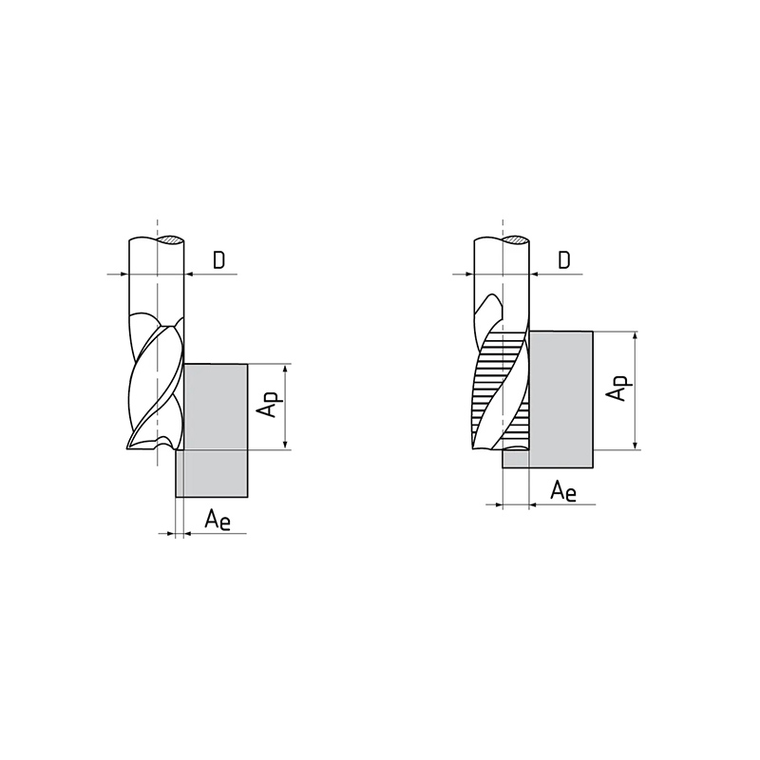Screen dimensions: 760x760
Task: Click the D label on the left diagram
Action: click(x=219, y=260)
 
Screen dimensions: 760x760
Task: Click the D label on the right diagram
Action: click(x=563, y=260)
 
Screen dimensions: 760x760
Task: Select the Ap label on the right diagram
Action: click(x=619, y=389)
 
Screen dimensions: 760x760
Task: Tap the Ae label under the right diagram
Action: click(x=563, y=491)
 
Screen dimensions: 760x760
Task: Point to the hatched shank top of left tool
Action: click(x=170, y=239)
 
